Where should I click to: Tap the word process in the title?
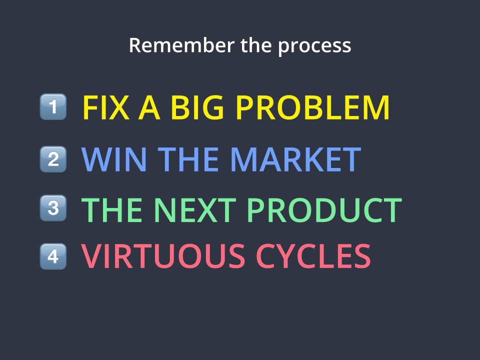[314, 47]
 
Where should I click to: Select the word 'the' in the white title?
[256, 45]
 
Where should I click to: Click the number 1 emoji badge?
[53, 106]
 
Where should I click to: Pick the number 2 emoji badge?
[53, 159]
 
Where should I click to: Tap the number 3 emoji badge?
[53, 208]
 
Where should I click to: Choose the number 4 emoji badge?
[53, 256]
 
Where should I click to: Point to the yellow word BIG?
[197, 107]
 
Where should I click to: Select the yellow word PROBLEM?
[313, 107]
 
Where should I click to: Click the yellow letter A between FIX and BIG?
[149, 107]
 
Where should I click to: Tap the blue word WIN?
[114, 159]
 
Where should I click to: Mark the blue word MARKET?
[295, 159]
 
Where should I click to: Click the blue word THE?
[188, 159]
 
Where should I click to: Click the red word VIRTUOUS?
[163, 256]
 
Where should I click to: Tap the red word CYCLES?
[313, 256]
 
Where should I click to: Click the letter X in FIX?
[118, 107]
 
